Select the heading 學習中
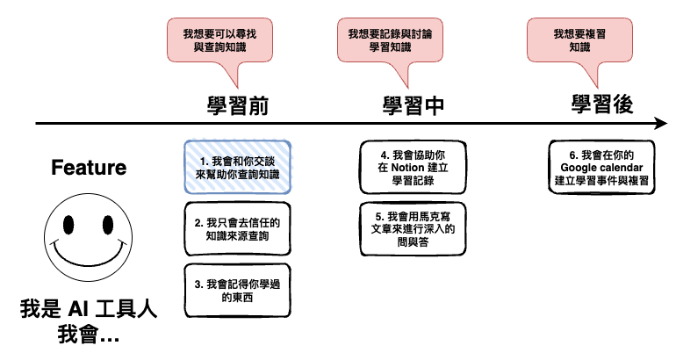pyautogui.click(x=414, y=106)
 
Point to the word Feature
pyautogui.click(x=89, y=168)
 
